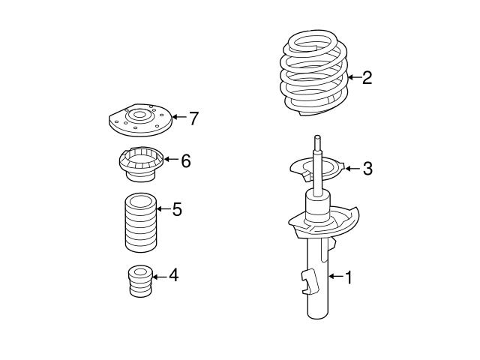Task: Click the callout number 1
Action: click(347, 277)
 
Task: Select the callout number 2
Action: click(367, 77)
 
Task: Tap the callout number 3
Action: click(367, 169)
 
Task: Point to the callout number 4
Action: click(173, 276)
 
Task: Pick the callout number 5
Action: click(177, 208)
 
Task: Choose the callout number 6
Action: click(185, 160)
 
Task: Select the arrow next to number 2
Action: click(353, 77)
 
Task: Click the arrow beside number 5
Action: click(163, 208)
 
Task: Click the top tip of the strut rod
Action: click(319, 137)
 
